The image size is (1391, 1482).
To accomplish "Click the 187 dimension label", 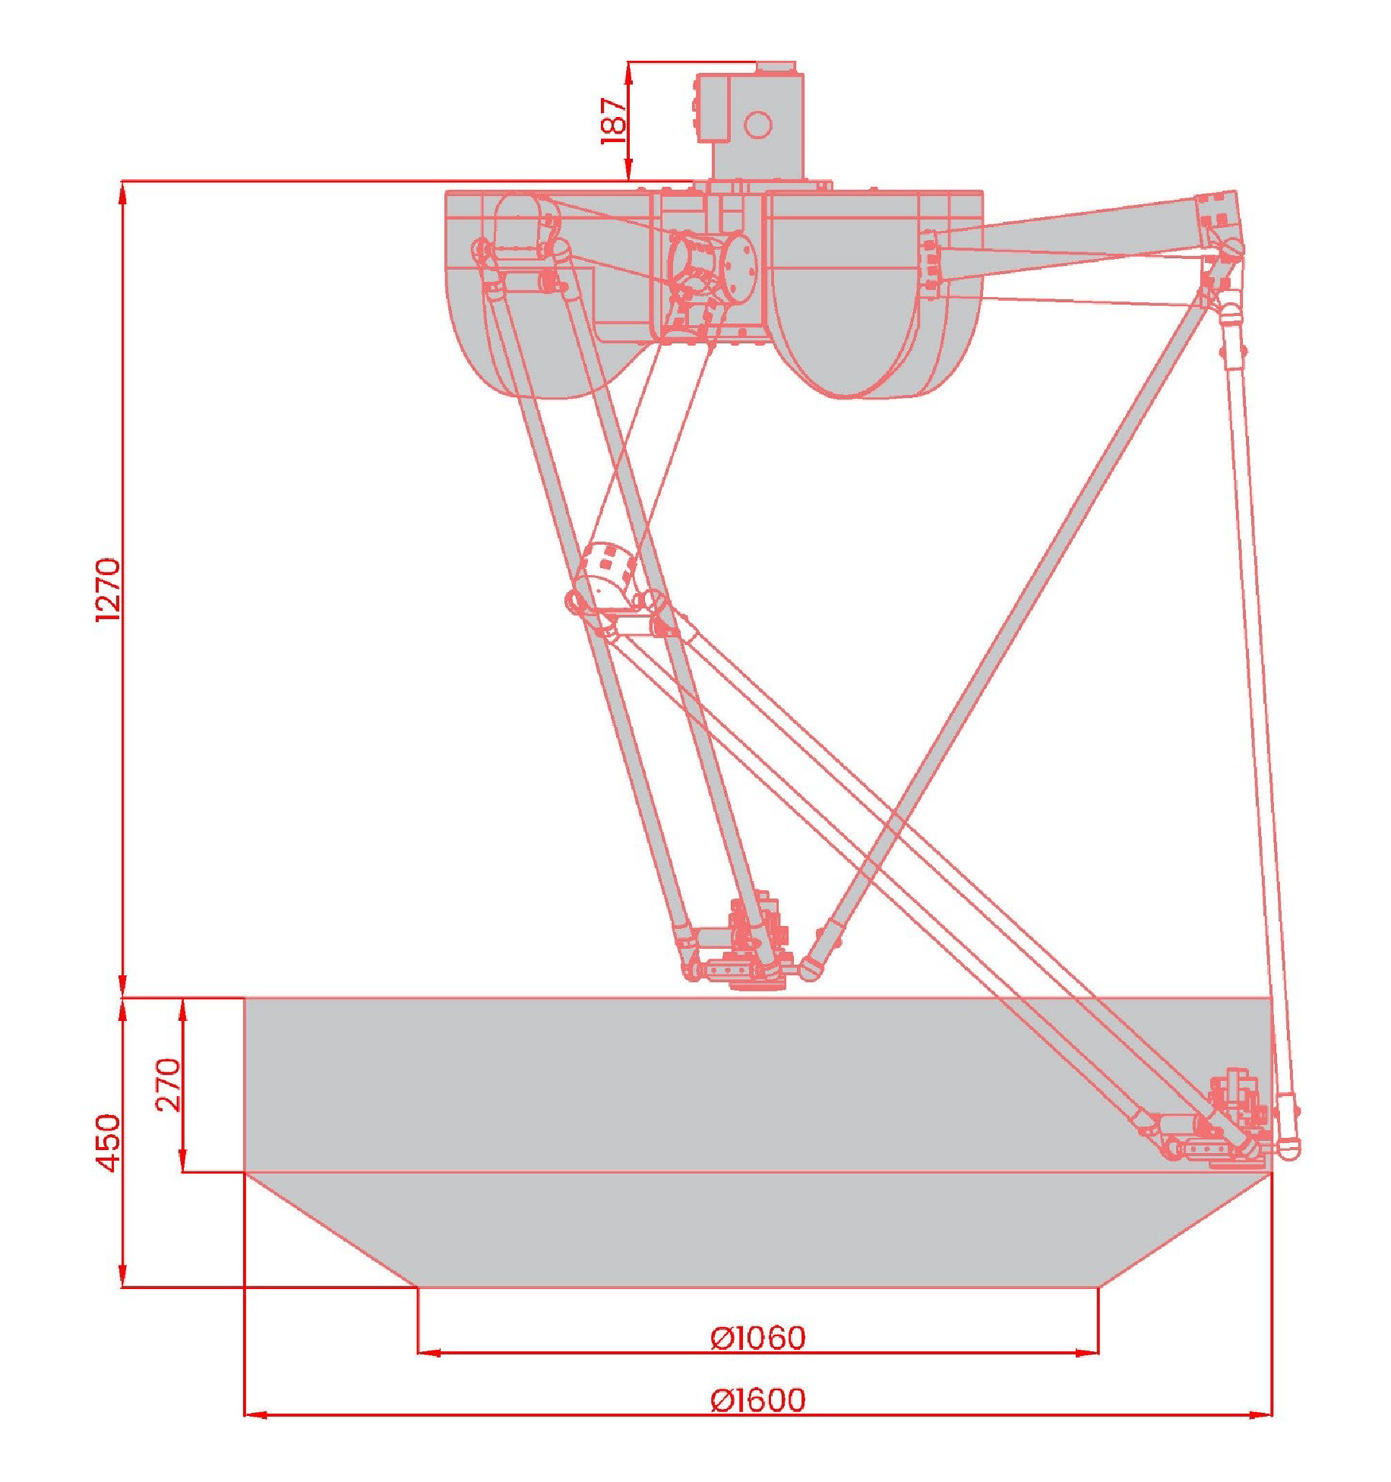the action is (x=614, y=120).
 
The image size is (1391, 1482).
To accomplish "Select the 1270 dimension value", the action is (x=108, y=590).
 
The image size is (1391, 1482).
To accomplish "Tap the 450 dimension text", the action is (x=108, y=1142).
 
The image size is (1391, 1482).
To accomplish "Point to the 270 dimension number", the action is (x=169, y=1084).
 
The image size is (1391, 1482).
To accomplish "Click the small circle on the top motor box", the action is (x=757, y=125).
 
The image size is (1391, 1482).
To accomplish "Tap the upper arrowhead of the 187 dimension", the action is (x=629, y=72).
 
